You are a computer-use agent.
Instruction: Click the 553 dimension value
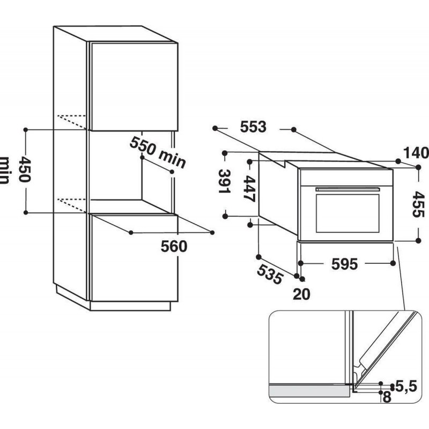[253, 127]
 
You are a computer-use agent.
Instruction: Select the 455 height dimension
[418, 204]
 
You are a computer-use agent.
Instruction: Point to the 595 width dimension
[344, 264]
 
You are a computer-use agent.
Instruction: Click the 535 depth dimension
[270, 274]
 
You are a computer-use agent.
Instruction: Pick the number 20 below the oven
[301, 294]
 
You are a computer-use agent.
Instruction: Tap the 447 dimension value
[249, 189]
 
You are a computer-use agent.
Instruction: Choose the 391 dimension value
[224, 181]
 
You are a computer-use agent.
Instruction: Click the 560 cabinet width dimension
[174, 246]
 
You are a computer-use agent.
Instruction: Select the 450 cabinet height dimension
[25, 169]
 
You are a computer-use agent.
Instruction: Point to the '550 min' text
[158, 152]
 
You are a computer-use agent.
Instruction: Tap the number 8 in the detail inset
[387, 397]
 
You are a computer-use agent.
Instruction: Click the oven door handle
[347, 189]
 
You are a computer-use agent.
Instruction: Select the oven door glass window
[347, 213]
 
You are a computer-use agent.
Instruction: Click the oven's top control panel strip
[346, 177]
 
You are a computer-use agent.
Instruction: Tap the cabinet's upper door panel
[135, 86]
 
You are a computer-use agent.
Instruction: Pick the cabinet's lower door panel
[135, 258]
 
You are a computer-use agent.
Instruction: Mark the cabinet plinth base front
[130, 306]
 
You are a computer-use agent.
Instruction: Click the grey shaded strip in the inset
[309, 390]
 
